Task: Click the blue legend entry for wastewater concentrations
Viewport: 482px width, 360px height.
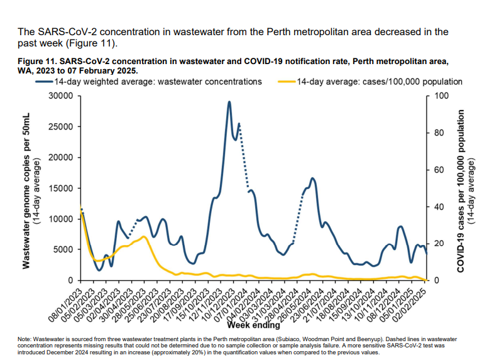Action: coord(157,82)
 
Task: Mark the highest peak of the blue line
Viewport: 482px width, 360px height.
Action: coord(229,102)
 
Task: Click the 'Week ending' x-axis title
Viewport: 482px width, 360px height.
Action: coord(253,325)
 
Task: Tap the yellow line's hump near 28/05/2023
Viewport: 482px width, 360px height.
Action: coord(144,237)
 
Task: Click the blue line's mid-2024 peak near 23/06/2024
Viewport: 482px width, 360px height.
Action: coord(312,179)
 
